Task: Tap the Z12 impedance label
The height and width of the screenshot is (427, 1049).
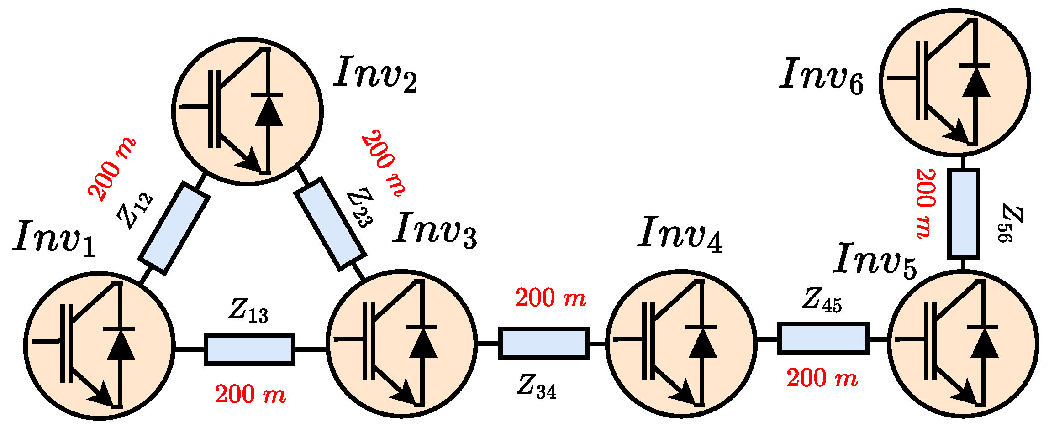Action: (x=135, y=211)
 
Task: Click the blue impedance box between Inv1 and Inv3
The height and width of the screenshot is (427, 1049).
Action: (x=249, y=349)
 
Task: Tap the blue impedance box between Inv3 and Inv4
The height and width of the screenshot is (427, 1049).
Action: (x=543, y=343)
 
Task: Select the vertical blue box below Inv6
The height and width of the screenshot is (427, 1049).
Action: (x=964, y=214)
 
